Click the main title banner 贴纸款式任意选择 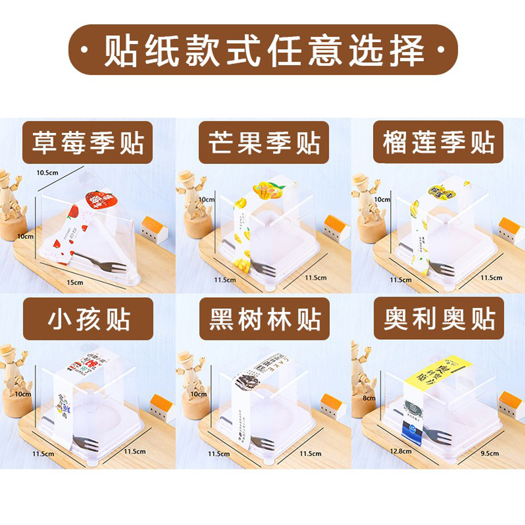coord(262,50)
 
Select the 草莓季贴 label coord(87,143)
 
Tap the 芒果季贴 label coord(264,143)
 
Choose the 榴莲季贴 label coord(438,143)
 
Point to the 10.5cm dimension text coord(47,172)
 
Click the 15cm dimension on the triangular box coord(75,283)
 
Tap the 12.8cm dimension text coord(400,451)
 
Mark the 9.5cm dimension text coord(489,453)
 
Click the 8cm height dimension coord(369,398)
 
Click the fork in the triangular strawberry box coord(106,263)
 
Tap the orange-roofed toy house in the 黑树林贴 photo coord(332,405)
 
